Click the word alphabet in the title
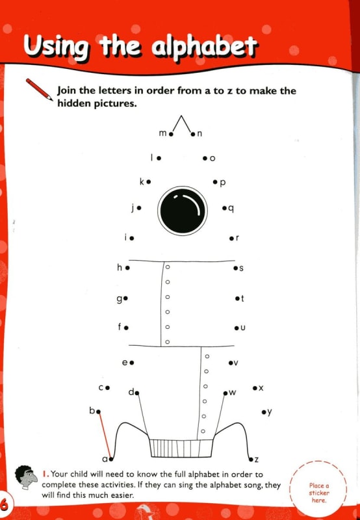pyautogui.click(x=205, y=47)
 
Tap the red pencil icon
pyautogui.click(x=39, y=89)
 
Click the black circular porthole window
pyautogui.click(x=183, y=211)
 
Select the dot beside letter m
pyautogui.click(x=171, y=134)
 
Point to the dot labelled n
pyautogui.click(x=193, y=134)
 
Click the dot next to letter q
pyautogui.click(x=224, y=208)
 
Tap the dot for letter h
pyautogui.click(x=127, y=268)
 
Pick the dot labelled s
pyautogui.click(x=235, y=268)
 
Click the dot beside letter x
pyautogui.click(x=255, y=387)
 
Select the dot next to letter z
pyautogui.click(x=251, y=460)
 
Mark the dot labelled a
pyautogui.click(x=111, y=460)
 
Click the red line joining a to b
pyautogui.click(x=105, y=435)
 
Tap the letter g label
pyautogui.click(x=120, y=299)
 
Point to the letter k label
pyautogui.click(x=142, y=181)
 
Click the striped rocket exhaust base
pyautogui.click(x=181, y=448)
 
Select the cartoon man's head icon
pyautogui.click(x=26, y=477)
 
